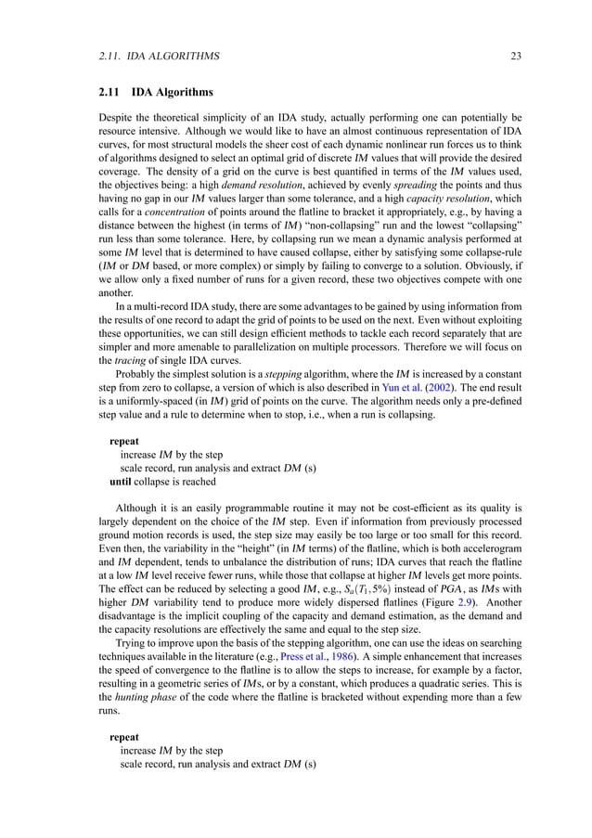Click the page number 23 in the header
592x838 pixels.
(x=516, y=57)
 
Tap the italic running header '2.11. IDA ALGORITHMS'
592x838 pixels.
(x=159, y=57)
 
